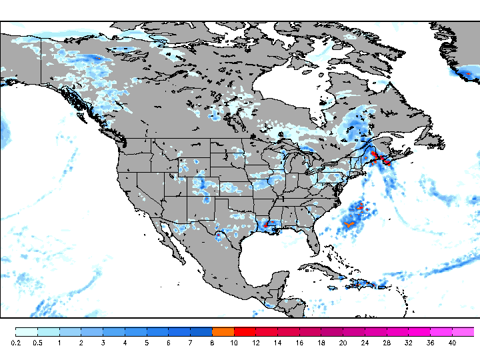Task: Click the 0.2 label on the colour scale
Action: point(16,343)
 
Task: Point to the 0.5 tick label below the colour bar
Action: point(38,343)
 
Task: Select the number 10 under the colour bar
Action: point(234,343)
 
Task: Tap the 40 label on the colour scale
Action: point(452,343)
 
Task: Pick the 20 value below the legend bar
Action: point(343,343)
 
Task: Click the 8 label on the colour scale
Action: point(212,343)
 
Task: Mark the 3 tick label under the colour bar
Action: point(103,343)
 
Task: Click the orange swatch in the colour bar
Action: point(223,331)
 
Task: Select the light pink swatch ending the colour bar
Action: point(463,331)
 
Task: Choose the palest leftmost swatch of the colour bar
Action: point(27,331)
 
